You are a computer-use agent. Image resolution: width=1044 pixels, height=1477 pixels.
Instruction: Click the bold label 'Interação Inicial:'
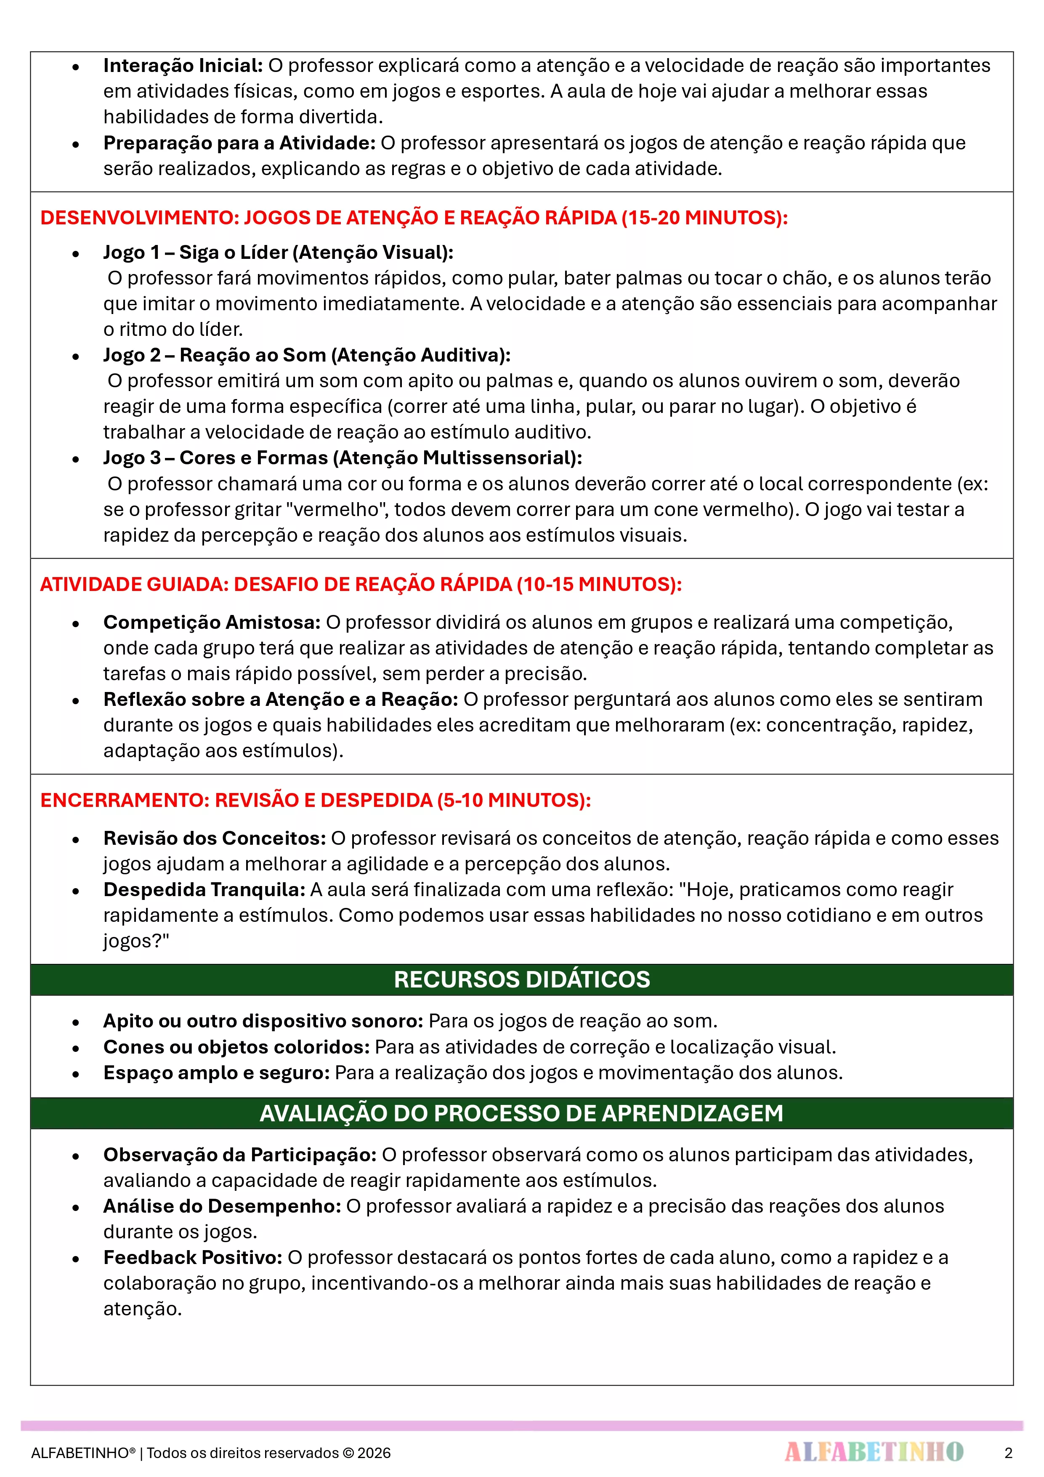(183, 66)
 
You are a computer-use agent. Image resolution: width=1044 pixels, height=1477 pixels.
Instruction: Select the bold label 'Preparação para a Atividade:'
(239, 143)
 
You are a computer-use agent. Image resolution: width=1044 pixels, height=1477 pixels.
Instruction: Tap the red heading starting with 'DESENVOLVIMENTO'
(414, 218)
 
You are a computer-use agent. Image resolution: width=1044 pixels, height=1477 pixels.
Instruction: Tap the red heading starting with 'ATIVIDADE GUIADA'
(360, 584)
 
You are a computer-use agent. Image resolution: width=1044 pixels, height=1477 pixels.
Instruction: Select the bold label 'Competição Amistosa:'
(212, 622)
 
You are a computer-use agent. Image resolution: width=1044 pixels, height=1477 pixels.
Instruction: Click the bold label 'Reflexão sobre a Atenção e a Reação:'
(280, 699)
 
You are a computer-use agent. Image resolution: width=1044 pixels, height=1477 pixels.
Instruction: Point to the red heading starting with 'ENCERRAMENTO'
(315, 800)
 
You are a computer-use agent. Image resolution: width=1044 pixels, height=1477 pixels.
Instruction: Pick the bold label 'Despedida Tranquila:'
(204, 890)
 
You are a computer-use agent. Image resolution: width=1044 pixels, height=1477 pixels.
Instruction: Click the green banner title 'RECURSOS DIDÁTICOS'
(522, 979)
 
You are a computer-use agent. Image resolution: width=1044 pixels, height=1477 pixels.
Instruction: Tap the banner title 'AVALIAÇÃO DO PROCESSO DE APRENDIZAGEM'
(522, 1113)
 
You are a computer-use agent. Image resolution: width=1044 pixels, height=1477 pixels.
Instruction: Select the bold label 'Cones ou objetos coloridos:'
(236, 1047)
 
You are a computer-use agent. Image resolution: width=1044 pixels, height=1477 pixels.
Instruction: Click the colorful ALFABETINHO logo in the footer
(874, 1451)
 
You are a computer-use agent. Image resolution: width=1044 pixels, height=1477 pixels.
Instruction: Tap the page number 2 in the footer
(1008, 1453)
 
